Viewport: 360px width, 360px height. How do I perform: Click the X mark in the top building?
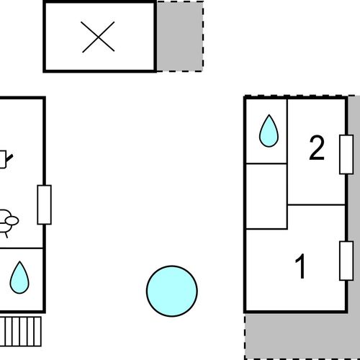click(98, 37)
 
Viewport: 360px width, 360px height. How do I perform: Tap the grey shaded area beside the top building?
click(180, 37)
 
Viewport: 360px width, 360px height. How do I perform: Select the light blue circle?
click(172, 291)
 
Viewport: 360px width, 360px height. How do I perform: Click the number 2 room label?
click(317, 148)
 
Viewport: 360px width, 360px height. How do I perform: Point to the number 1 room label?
click(300, 266)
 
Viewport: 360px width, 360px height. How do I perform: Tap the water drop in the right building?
click(269, 131)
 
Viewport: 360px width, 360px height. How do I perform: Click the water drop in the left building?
click(19, 277)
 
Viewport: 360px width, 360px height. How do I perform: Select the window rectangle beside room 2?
click(346, 155)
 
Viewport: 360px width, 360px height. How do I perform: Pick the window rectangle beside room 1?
click(346, 261)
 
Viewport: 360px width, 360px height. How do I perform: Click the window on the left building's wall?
click(45, 204)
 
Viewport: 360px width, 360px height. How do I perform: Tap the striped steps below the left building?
click(20, 331)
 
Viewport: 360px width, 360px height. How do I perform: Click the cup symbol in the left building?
click(5, 159)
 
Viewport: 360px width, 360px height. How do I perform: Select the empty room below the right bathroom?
click(266, 197)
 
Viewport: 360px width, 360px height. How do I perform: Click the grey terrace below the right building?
click(297, 336)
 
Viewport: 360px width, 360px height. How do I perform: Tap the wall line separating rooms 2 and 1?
click(316, 205)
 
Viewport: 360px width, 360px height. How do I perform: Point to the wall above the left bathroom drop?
click(21, 248)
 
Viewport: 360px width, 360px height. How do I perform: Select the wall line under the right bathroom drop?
click(266, 163)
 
